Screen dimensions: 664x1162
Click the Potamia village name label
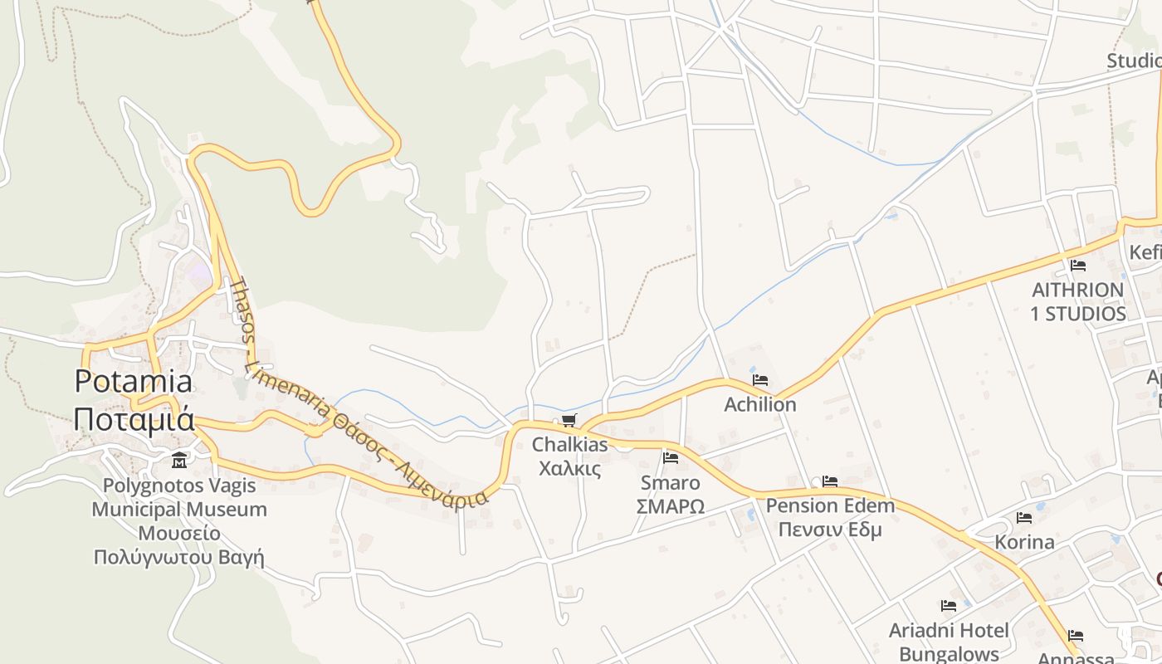tap(134, 382)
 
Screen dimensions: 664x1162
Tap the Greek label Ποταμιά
tap(134, 418)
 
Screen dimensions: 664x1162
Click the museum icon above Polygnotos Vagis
tap(179, 460)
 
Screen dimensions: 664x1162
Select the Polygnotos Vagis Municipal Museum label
tap(179, 509)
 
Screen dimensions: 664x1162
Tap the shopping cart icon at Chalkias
tap(569, 421)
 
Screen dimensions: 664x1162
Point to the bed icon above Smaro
tap(671, 457)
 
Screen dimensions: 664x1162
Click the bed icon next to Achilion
tap(759, 380)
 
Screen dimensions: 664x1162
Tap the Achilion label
tap(759, 405)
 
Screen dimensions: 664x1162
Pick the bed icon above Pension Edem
tap(829, 481)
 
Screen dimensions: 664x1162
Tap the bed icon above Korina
tap(1024, 518)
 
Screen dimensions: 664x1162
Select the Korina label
tap(1024, 543)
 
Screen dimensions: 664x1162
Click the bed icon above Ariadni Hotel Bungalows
tap(949, 606)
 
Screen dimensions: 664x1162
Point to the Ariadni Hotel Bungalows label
tap(949, 642)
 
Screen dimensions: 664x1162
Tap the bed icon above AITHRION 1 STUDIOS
tap(1078, 266)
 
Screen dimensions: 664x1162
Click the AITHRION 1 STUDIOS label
tap(1078, 302)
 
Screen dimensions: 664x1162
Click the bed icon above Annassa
tap(1076, 637)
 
